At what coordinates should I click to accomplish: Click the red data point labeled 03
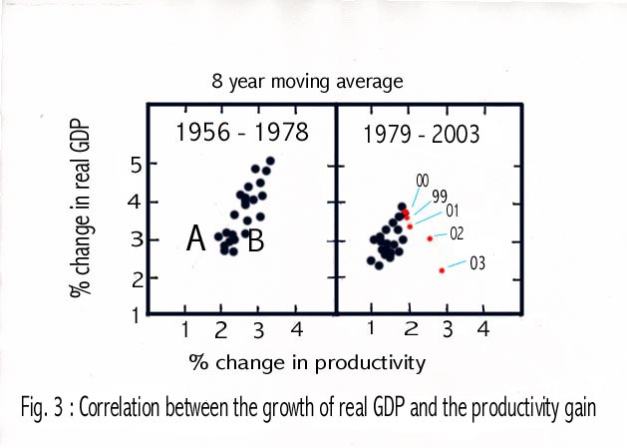click(x=442, y=270)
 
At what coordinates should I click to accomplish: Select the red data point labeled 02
click(x=430, y=238)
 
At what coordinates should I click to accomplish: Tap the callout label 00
click(x=422, y=180)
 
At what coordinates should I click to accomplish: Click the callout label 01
click(x=451, y=211)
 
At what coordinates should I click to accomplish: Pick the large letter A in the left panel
click(x=196, y=238)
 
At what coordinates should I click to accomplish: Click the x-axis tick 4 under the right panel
click(x=483, y=328)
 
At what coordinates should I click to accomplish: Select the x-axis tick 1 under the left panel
click(x=185, y=328)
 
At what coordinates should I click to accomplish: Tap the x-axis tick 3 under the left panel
click(x=257, y=328)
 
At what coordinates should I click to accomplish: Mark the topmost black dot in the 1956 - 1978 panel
click(x=270, y=161)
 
